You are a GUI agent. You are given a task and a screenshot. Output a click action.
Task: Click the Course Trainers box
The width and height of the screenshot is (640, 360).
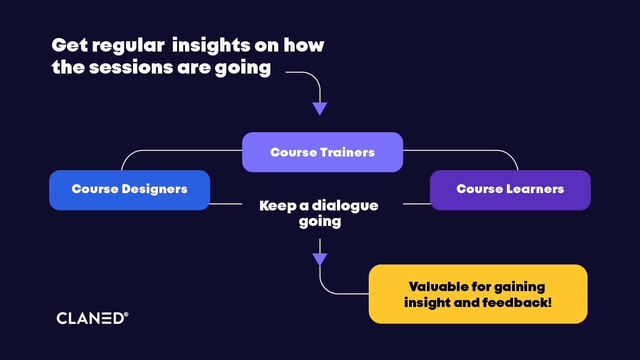(322, 152)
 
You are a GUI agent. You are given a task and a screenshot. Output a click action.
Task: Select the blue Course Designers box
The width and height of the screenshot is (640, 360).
(130, 190)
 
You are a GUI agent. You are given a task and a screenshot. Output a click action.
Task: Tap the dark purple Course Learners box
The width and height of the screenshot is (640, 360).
(510, 190)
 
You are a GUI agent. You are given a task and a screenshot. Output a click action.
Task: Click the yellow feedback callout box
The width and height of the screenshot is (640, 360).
(478, 294)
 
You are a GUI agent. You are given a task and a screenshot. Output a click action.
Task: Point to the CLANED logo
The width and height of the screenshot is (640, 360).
(92, 318)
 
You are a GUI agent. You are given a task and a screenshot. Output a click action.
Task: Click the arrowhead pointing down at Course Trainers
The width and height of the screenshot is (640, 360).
(320, 109)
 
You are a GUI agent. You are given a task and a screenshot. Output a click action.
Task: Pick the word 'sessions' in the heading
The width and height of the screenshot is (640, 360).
(131, 67)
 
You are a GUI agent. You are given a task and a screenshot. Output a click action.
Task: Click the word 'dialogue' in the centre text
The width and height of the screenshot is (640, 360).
(345, 206)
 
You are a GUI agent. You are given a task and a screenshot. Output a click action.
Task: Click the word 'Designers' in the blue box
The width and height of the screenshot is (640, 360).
(155, 189)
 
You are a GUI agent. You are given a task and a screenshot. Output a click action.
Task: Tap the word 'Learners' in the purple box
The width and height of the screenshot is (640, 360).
(536, 189)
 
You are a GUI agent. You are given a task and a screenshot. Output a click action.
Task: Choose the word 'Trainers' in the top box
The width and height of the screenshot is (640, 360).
(347, 152)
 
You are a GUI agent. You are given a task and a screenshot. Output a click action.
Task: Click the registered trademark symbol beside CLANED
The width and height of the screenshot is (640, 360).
(126, 314)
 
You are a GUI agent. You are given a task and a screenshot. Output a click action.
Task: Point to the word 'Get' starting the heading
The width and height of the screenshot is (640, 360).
(70, 45)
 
